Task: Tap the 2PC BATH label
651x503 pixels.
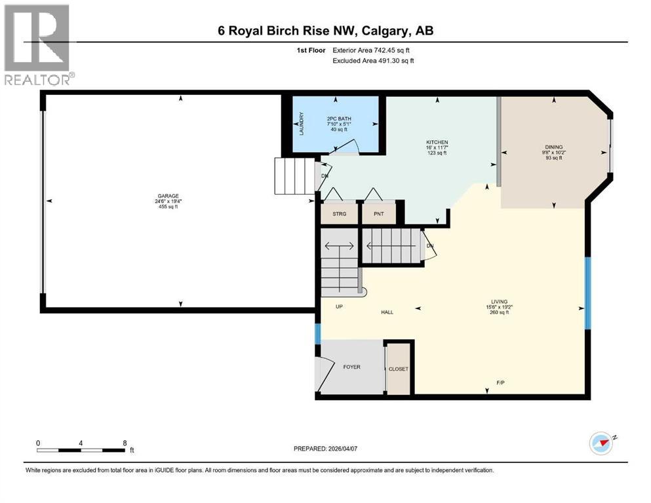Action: tap(339, 119)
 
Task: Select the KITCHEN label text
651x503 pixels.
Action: tap(437, 142)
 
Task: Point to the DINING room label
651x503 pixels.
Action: tap(553, 147)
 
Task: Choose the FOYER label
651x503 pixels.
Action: tap(351, 367)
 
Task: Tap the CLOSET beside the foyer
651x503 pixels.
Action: tap(399, 369)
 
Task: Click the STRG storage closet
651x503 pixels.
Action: tap(339, 213)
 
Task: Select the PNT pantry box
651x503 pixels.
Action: tap(378, 213)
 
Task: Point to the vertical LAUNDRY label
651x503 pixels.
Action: tap(302, 124)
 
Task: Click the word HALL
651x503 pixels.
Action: tap(387, 312)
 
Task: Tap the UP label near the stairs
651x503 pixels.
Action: tap(340, 307)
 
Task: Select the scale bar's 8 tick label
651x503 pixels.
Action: tap(125, 443)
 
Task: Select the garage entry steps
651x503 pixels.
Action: tap(294, 176)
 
